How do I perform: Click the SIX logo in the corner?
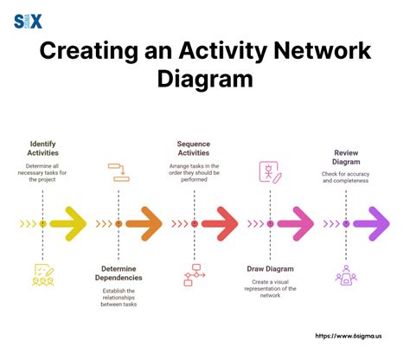28,18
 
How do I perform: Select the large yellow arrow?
69,223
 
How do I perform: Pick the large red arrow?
221,223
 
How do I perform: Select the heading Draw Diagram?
270,268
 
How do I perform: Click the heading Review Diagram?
346,157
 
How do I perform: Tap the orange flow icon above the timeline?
119,171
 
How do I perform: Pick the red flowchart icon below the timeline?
194,273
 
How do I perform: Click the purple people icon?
346,274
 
